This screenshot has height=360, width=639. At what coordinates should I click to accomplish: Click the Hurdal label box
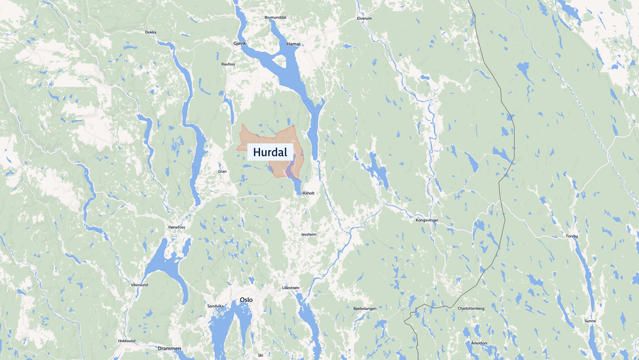point(270,152)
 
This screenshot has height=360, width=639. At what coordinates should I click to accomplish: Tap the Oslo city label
point(246,299)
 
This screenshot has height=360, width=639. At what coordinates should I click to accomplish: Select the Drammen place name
point(169,348)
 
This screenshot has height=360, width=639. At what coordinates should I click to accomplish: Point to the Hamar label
point(293,43)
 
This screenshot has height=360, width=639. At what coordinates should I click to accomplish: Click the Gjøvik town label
point(240,43)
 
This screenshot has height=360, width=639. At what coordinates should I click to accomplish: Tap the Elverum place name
point(364,19)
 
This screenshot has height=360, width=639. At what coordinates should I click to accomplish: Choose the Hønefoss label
point(176,227)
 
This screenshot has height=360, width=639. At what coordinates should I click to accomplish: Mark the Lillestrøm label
point(290,288)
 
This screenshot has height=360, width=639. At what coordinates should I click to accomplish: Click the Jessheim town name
point(309,235)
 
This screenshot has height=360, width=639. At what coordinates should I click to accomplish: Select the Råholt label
point(309,193)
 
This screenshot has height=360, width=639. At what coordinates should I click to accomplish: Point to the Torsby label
point(571,237)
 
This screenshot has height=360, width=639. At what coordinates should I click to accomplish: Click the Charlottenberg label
point(472,308)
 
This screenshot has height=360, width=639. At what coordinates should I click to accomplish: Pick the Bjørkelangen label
point(365,308)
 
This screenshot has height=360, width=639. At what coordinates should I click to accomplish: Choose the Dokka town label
point(150,32)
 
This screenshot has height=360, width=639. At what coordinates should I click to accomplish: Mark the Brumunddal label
point(276,17)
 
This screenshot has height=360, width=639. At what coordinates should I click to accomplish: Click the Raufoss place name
point(228,65)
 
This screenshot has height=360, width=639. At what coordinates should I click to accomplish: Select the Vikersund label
point(139,285)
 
